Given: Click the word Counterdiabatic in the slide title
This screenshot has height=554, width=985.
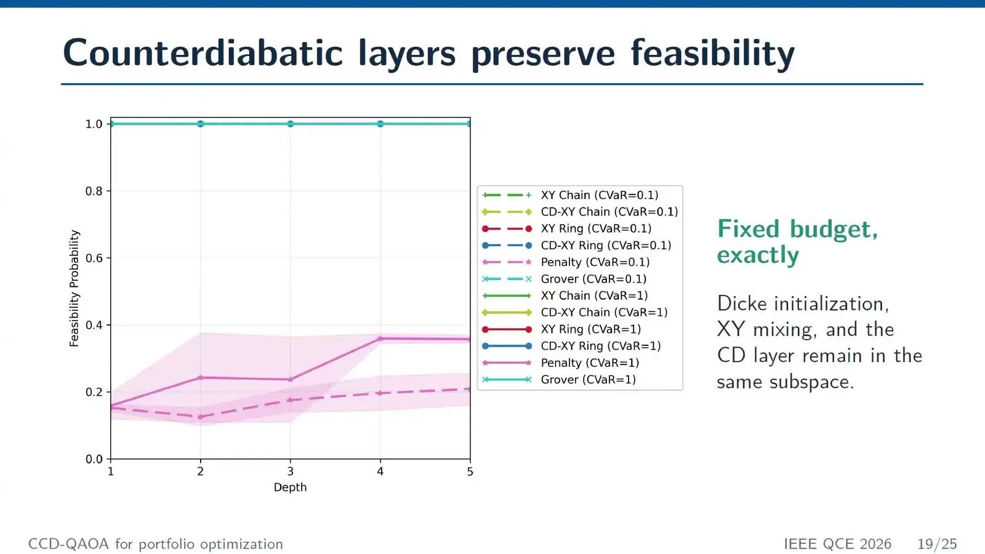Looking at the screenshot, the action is coord(203,53).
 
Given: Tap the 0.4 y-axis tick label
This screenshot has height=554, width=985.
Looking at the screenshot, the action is coord(94,326).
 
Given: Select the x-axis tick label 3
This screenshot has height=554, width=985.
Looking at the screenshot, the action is coord(290,472).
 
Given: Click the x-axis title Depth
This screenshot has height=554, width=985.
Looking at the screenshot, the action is coord(290,487).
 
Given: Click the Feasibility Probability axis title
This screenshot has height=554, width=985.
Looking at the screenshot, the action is coord(74,289).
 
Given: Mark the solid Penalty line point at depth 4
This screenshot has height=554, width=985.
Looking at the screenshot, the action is coord(380,339).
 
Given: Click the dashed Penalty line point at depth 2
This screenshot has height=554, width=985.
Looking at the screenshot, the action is coord(201,417).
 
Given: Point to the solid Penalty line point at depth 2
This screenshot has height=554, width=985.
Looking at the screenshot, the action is coord(201,378).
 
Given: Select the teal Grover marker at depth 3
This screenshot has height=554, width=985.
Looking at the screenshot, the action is coord(290,124).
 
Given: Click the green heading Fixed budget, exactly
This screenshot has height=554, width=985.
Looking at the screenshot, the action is coord(797,243).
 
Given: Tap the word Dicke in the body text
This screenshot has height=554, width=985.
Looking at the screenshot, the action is coord(742,304).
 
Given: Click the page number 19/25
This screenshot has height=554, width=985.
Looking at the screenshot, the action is coord(937,544).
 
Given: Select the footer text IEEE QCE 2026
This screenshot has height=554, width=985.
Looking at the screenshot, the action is coord(838,544).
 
